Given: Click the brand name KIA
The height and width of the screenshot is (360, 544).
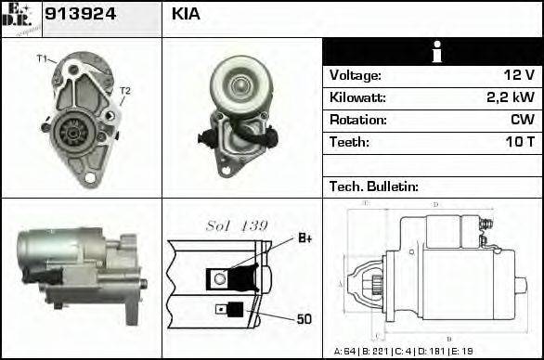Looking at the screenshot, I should coord(186,15).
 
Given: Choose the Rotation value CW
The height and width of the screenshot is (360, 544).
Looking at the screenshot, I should coord(522,121).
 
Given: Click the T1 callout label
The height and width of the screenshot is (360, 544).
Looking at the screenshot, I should coord(42,59).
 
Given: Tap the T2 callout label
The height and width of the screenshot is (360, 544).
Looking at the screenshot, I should coord(125,90).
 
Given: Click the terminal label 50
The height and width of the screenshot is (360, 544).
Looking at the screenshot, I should coord(304,319).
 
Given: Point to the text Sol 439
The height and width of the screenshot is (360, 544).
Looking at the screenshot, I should coord(237,225).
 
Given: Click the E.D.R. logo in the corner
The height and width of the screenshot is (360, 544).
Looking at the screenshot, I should coord(20,18).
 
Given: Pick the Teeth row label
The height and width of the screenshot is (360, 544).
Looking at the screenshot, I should coord(349,143).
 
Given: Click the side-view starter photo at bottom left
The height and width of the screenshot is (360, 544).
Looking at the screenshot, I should coord(79,269).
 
